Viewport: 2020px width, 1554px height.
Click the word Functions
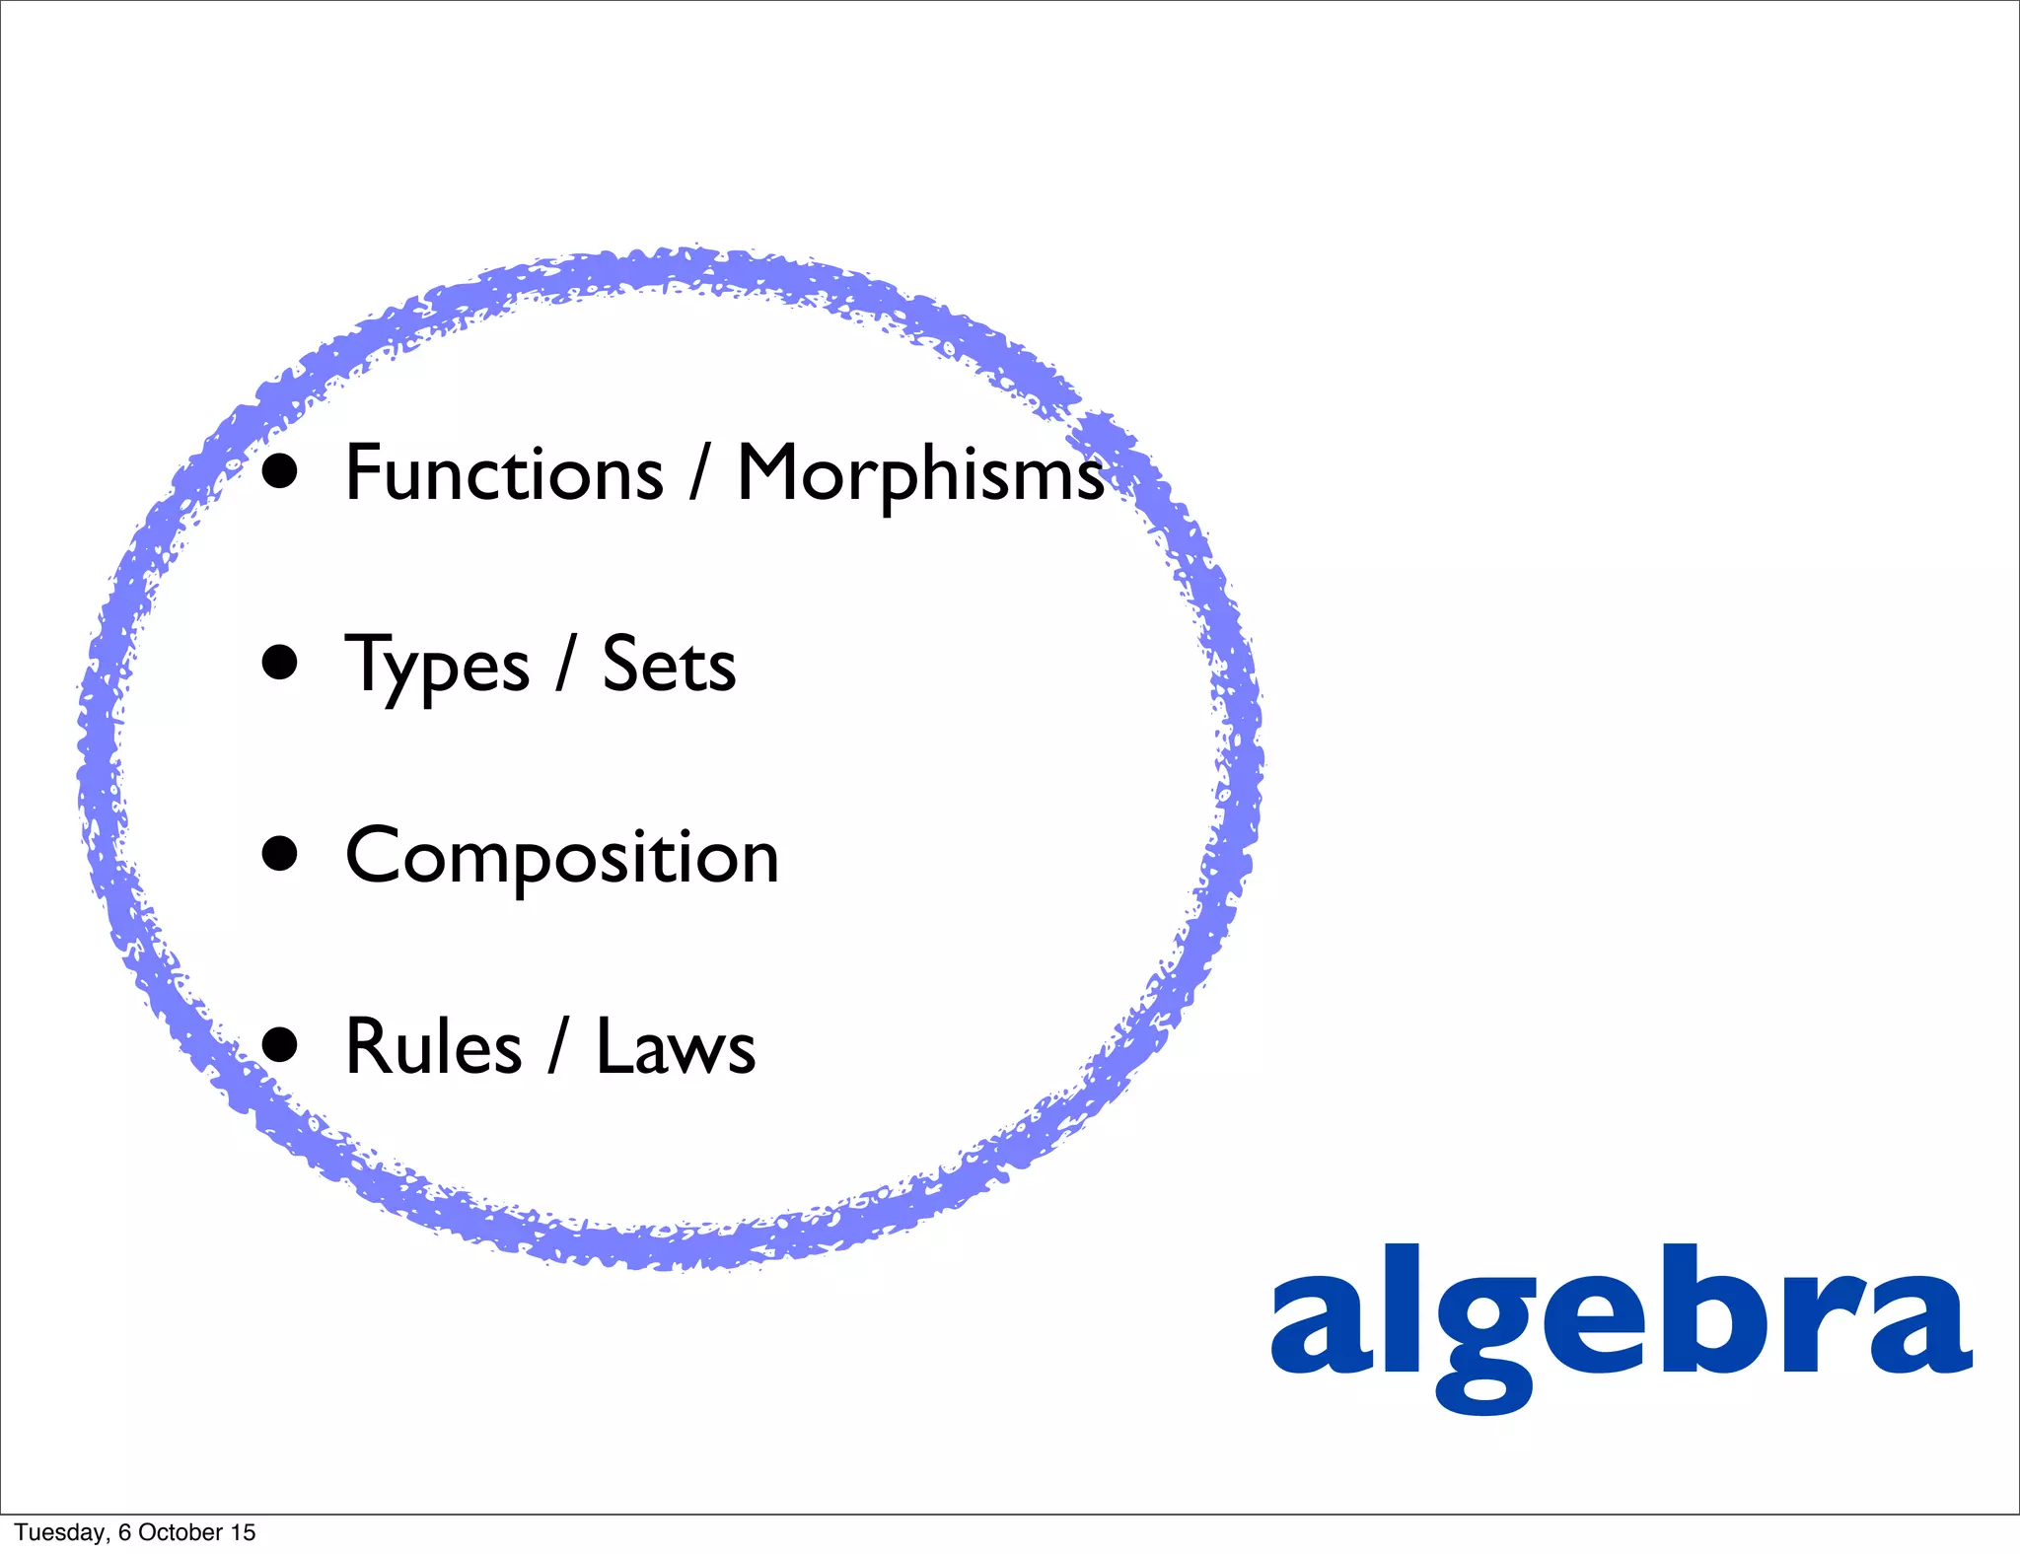(x=504, y=473)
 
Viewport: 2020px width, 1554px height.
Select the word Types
(x=437, y=667)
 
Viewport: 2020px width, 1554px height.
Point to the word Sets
(x=669, y=666)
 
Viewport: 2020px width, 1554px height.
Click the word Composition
(x=562, y=857)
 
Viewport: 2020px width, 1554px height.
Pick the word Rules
(x=433, y=1047)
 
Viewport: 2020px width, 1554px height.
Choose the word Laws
(x=676, y=1047)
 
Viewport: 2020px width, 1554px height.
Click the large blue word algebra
(x=1621, y=1321)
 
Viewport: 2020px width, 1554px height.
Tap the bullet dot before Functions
(x=280, y=472)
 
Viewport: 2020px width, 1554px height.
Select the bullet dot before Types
(x=280, y=664)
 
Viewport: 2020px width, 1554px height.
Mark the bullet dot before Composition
(x=280, y=855)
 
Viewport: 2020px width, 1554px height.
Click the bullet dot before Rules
(x=280, y=1045)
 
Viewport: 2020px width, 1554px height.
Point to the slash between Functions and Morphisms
(x=699, y=473)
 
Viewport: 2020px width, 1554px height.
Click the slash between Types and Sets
(x=565, y=666)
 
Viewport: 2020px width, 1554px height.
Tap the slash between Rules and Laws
(x=559, y=1047)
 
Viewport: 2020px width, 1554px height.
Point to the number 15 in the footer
(x=243, y=1532)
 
